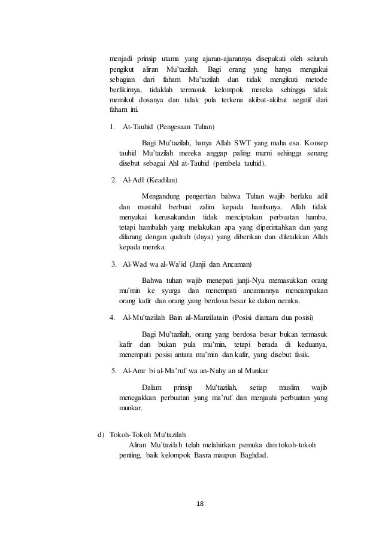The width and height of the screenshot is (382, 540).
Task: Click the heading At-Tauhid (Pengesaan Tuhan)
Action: (x=168, y=127)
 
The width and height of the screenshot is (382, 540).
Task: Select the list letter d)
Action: (x=101, y=434)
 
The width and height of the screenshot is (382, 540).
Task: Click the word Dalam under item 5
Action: (x=152, y=388)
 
